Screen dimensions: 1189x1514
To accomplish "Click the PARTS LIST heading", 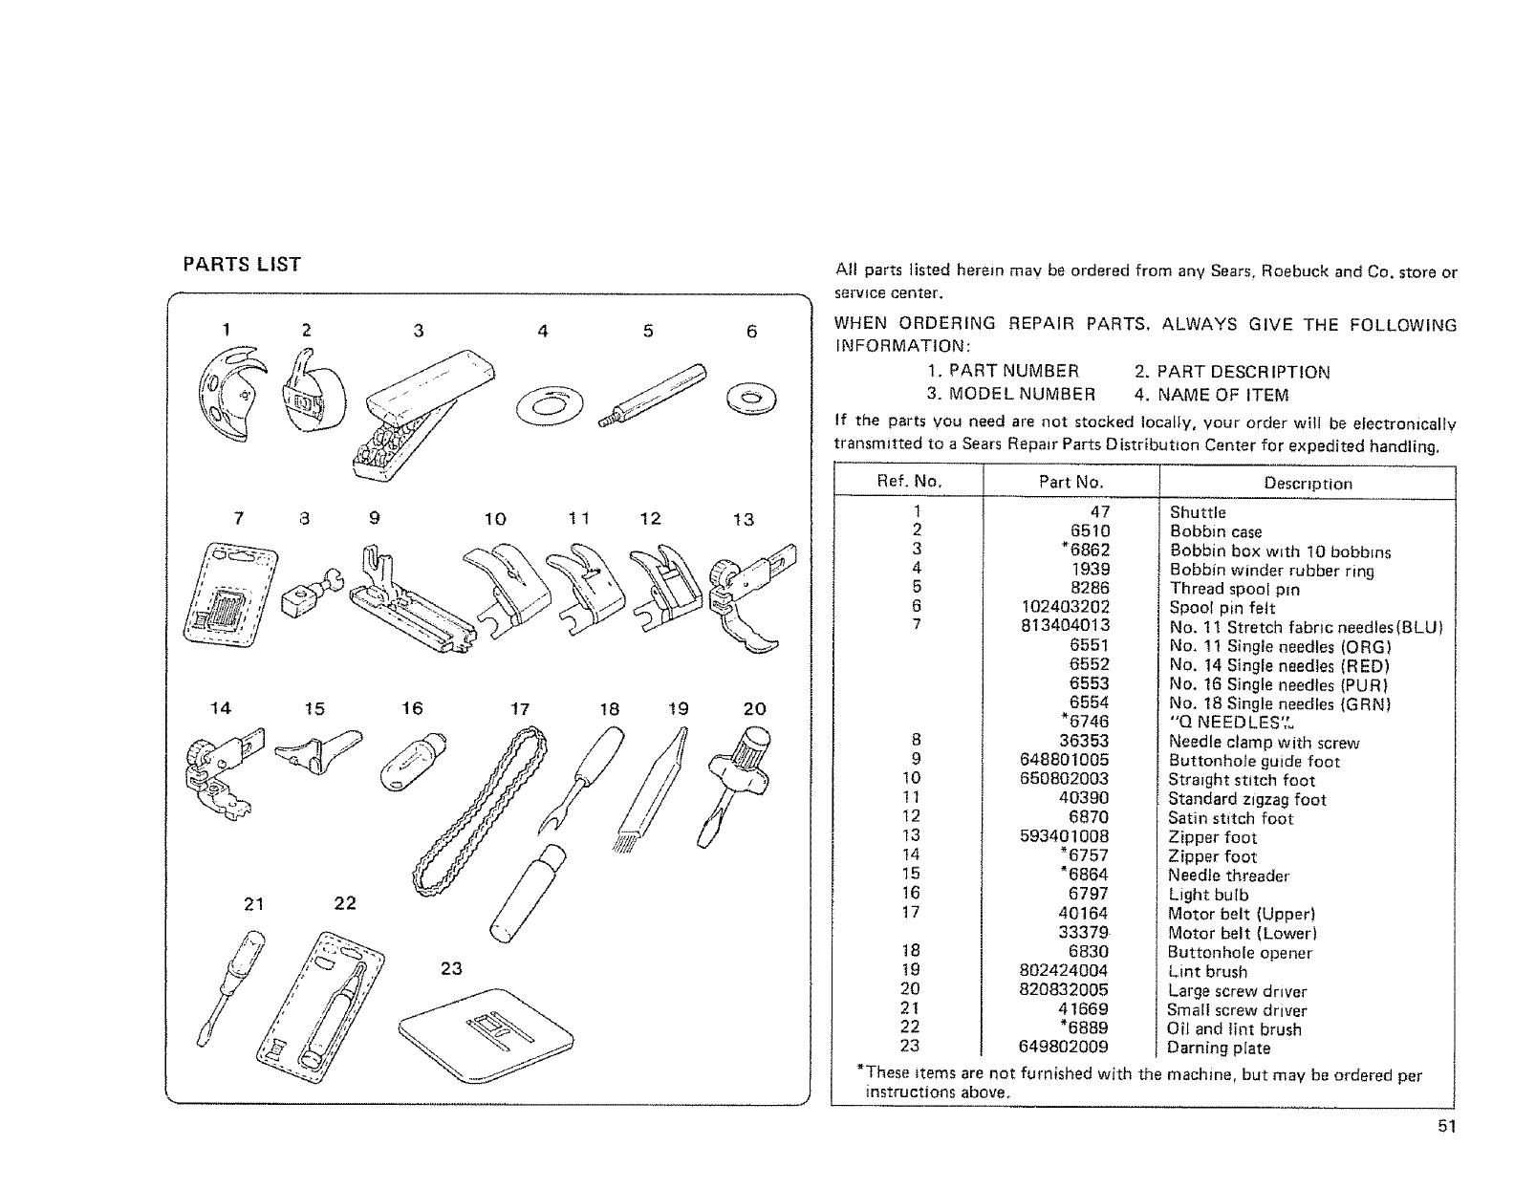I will pos(242,265).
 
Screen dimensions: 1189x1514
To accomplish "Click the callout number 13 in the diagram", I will pos(743,520).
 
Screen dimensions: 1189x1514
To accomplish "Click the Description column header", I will pos(1308,484).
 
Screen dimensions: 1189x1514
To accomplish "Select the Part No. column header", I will pos(1071,483).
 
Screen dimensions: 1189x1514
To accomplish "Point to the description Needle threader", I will pos(1228,876).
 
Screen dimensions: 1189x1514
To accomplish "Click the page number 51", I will pos(1445,1126).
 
